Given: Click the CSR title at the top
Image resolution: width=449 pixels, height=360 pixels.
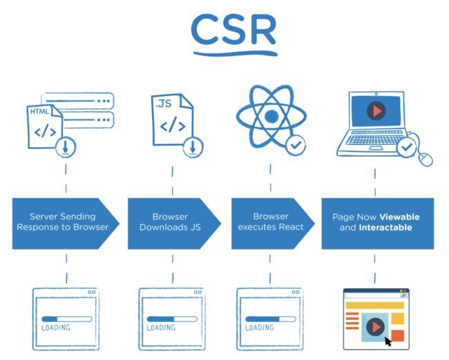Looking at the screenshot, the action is click(x=233, y=30).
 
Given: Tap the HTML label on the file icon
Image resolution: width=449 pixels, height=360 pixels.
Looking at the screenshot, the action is click(x=39, y=111).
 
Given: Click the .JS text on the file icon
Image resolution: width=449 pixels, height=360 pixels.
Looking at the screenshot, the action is click(x=163, y=104).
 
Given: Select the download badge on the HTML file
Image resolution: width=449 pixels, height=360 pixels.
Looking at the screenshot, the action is click(x=66, y=147).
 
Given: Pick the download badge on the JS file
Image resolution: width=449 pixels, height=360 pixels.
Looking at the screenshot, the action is click(x=193, y=146).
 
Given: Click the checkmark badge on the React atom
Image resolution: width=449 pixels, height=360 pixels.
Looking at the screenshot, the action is click(x=296, y=145).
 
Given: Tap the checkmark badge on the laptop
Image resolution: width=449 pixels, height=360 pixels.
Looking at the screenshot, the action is click(x=407, y=147).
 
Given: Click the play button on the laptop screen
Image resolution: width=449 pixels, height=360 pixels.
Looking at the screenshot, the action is click(x=376, y=111).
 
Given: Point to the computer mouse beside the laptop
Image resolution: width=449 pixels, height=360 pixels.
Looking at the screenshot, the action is click(x=426, y=159).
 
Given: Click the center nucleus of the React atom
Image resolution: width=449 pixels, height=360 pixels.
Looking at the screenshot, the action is click(x=271, y=116).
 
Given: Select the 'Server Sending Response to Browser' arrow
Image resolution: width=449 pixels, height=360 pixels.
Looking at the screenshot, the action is click(x=66, y=224).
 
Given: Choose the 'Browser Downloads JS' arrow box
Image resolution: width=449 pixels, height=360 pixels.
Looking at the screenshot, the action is click(x=174, y=224).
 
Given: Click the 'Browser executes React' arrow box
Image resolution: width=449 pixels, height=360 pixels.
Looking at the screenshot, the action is click(x=273, y=224).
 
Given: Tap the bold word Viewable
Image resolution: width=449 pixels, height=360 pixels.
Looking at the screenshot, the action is click(x=399, y=217).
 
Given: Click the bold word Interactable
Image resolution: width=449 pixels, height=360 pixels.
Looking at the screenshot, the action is click(x=385, y=228).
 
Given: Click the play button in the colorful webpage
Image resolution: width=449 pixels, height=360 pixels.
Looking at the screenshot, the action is click(x=375, y=327).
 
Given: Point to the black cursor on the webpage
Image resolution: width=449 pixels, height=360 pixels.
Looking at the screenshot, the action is click(x=388, y=341).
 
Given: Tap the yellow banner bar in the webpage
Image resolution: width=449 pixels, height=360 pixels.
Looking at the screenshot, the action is click(x=375, y=305).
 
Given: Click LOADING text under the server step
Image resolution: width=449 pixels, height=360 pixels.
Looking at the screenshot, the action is click(x=56, y=328).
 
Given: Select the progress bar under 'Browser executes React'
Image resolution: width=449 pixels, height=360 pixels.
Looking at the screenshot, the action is click(x=271, y=319).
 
